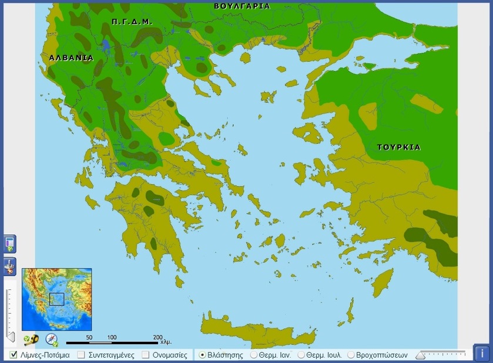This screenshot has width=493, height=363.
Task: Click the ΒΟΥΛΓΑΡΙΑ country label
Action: point(242,6)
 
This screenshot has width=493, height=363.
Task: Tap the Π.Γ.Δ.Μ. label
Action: point(132,21)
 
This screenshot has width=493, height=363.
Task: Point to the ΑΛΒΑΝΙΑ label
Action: point(71,58)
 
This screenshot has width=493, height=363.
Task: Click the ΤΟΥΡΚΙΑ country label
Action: point(398,147)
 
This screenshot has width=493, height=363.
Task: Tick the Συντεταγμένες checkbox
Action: point(82,355)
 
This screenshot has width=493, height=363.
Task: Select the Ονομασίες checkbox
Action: point(146,355)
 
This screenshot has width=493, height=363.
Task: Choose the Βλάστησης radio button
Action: point(202,355)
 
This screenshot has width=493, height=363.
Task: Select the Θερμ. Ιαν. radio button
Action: point(254,355)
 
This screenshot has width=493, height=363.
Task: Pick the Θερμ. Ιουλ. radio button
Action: point(301,355)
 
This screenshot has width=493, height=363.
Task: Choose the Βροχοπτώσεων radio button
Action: point(351,355)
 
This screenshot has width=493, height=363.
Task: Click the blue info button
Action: point(482,354)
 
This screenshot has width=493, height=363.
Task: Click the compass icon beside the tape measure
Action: point(52,339)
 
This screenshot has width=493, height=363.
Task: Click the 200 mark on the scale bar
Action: point(157,337)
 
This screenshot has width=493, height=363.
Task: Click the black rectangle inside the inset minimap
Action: point(56,299)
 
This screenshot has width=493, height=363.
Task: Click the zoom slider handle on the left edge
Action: point(9,337)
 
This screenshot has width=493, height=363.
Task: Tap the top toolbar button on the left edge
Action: point(10,244)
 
